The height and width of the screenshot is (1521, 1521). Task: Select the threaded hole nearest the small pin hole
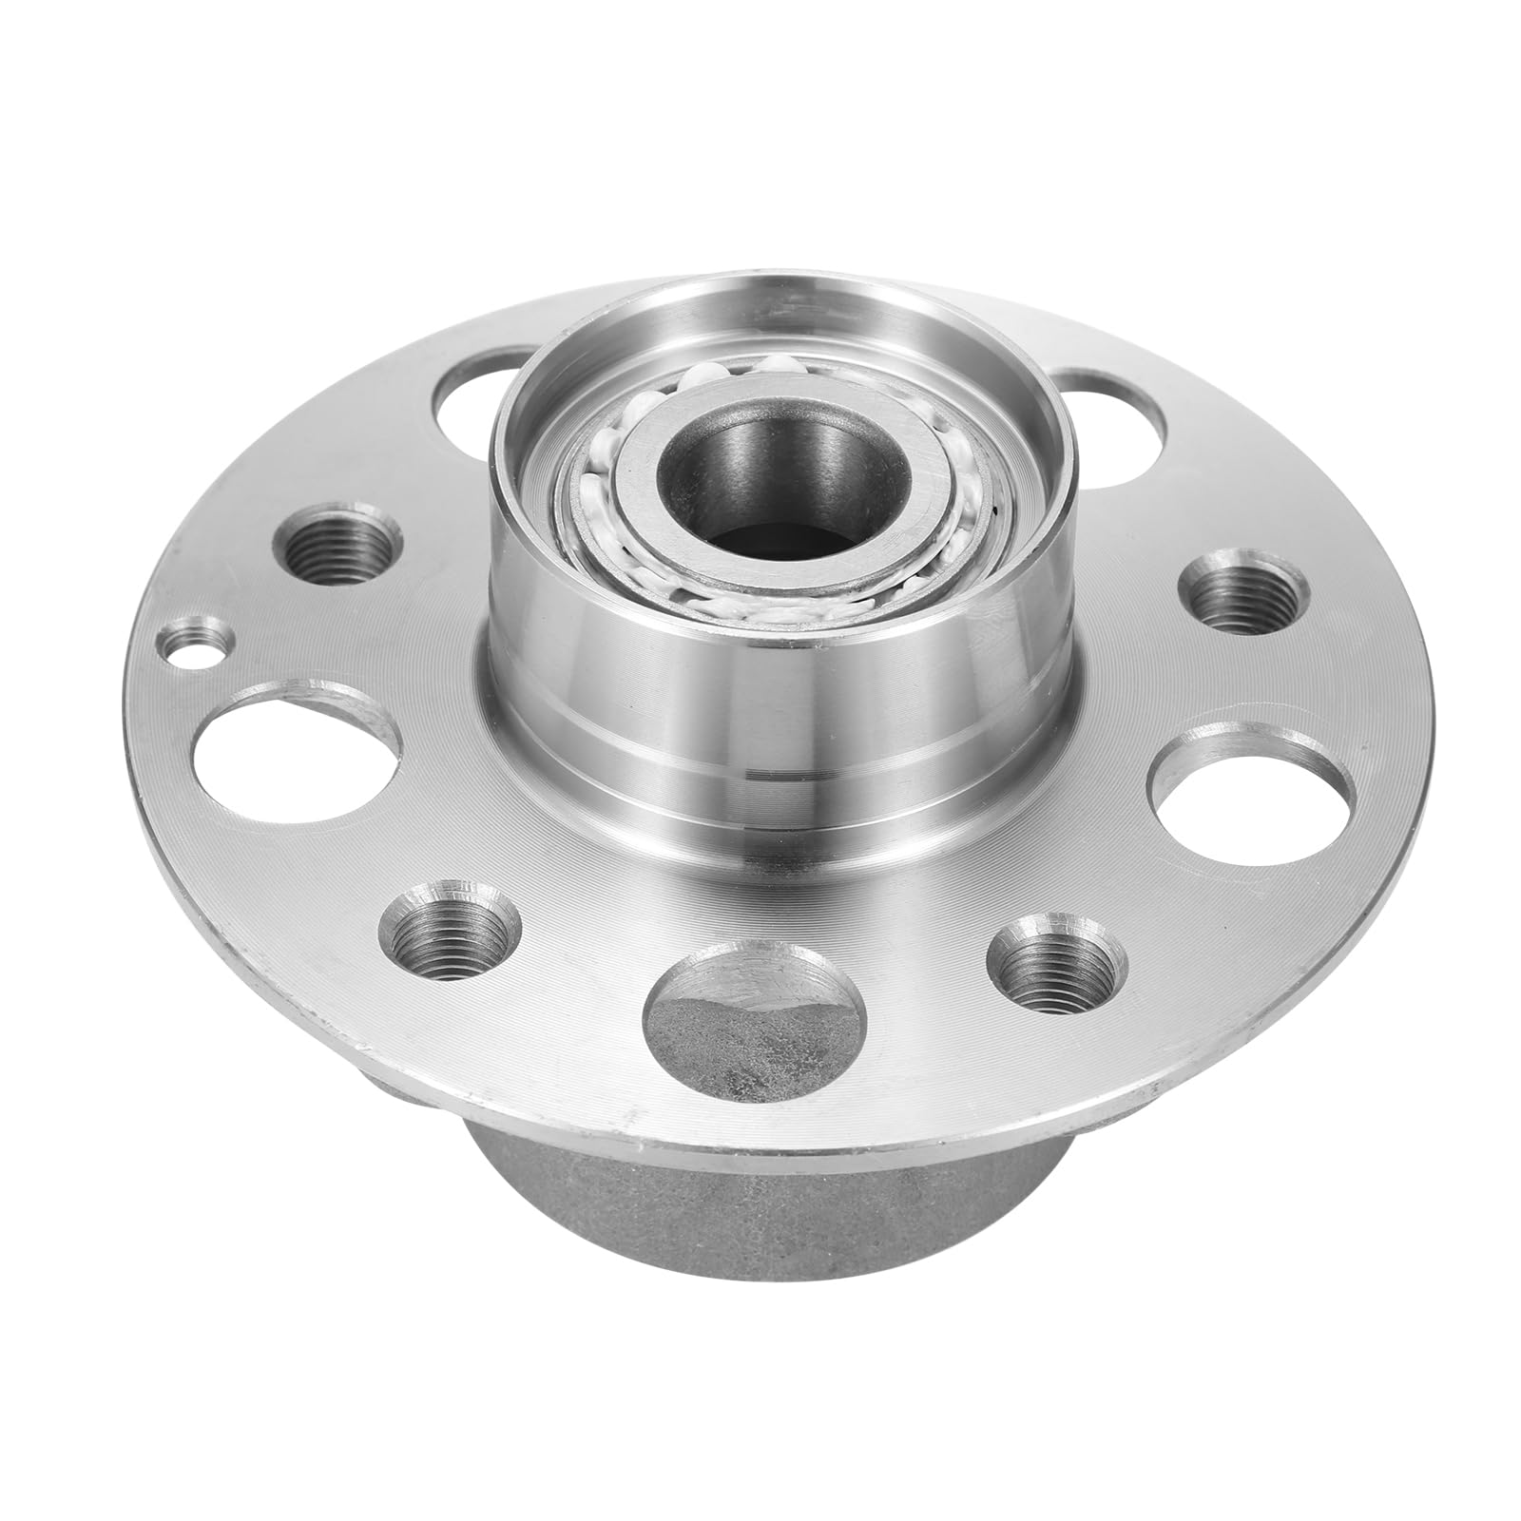pyautogui.click(x=337, y=543)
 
